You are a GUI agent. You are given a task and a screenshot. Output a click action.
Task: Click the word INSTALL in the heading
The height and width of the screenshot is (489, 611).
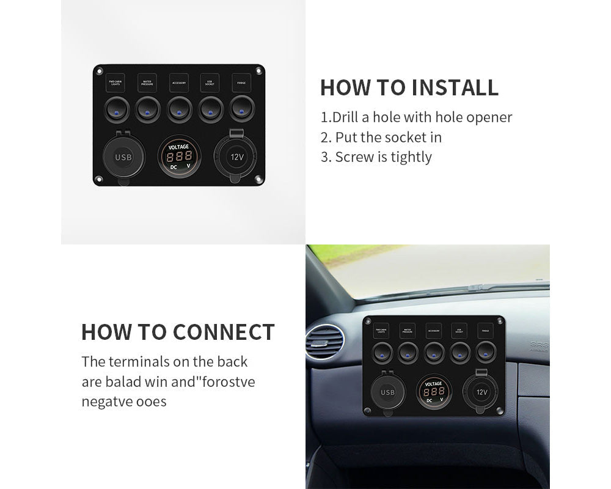pyautogui.click(x=455, y=87)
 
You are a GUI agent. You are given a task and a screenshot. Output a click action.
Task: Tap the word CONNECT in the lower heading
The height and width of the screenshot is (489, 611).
pyautogui.click(x=224, y=332)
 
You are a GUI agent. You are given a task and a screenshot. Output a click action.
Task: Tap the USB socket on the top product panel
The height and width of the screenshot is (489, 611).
pyautogui.click(x=123, y=157)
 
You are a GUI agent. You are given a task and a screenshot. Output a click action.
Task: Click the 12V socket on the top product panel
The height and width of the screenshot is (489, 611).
pyautogui.click(x=236, y=156)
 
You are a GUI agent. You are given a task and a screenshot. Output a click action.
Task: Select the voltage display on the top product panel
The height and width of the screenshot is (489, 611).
pyautogui.click(x=179, y=156)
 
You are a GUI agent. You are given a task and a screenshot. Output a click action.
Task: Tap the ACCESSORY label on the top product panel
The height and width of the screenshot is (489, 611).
pyautogui.click(x=179, y=83)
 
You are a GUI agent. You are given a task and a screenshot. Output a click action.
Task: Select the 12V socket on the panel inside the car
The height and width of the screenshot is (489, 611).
pyautogui.click(x=481, y=392)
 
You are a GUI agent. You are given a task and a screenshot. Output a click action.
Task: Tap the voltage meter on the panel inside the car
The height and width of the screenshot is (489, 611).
pyautogui.click(x=434, y=392)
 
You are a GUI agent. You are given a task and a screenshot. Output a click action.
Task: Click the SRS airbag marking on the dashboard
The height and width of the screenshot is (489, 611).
pyautogui.click(x=540, y=345)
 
